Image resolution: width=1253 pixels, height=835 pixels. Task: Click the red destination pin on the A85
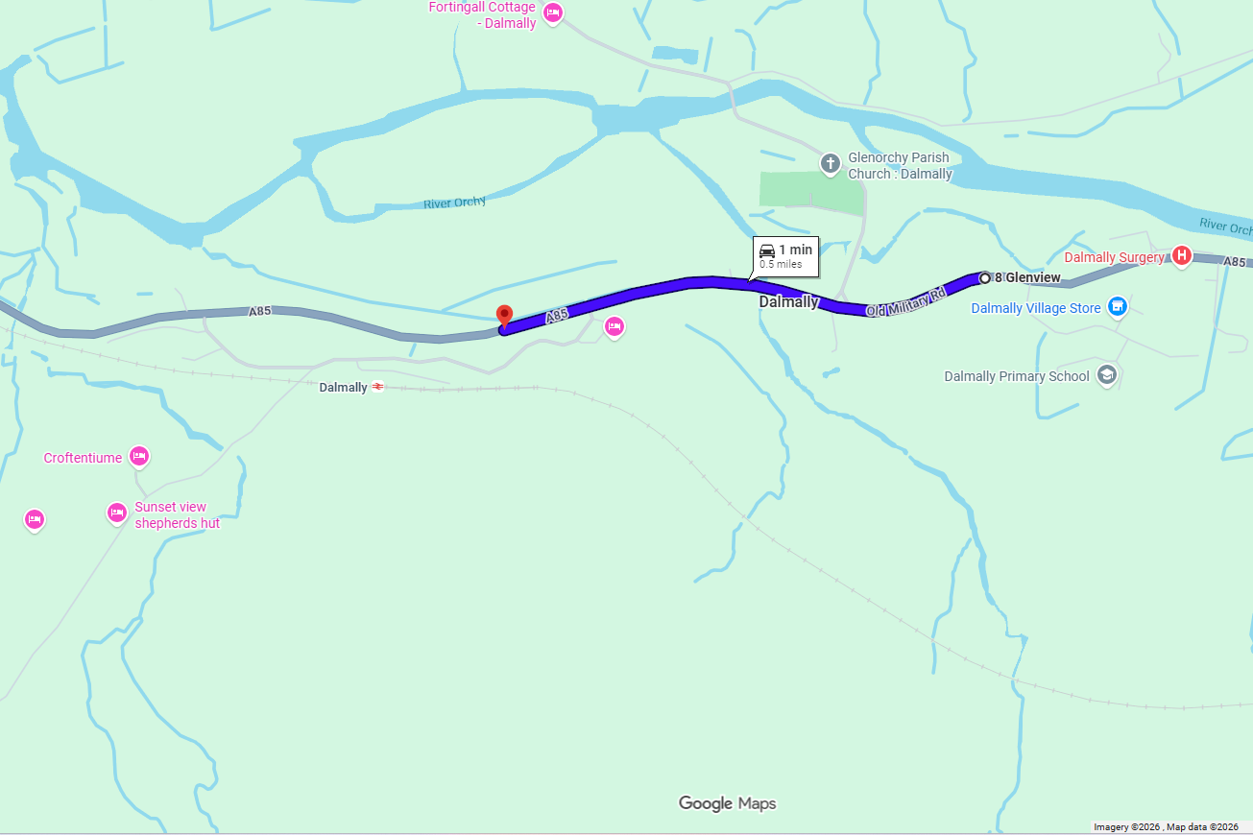click(x=504, y=316)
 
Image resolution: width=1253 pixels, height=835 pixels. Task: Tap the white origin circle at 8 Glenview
click(x=984, y=278)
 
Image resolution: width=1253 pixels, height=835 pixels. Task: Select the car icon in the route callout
click(x=767, y=250)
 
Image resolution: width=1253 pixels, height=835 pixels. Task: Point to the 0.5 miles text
click(x=781, y=264)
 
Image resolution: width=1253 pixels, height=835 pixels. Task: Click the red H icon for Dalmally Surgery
click(x=1182, y=256)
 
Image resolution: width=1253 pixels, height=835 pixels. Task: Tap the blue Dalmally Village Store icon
click(x=1117, y=307)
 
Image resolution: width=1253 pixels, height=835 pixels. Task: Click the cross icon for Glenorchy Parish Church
click(x=831, y=163)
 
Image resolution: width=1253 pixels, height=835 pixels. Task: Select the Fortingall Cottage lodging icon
click(x=552, y=12)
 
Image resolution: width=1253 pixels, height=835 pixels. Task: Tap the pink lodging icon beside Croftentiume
click(x=138, y=457)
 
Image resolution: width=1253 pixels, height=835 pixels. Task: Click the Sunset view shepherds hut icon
click(x=117, y=513)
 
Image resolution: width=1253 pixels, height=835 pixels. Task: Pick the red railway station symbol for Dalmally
click(x=378, y=387)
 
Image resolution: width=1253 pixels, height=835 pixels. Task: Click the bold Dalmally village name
click(x=788, y=302)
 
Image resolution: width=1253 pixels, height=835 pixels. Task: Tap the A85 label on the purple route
click(x=557, y=315)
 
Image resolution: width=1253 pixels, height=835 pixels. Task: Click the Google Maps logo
click(x=727, y=803)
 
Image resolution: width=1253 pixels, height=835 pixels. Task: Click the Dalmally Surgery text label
click(x=1114, y=257)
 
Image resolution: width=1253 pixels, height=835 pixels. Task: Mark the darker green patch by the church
click(x=810, y=190)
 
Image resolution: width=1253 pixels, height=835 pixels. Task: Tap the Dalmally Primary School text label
click(x=1017, y=376)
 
